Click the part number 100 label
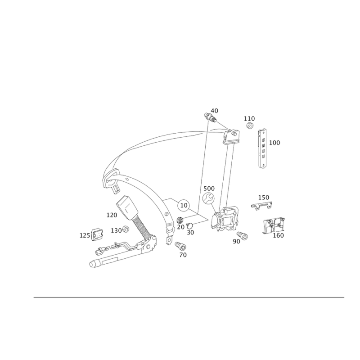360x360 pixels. click(x=274, y=143)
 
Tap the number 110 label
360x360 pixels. click(x=249, y=118)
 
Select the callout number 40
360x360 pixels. click(x=214, y=110)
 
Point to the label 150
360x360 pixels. click(x=263, y=197)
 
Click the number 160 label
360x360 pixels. click(x=279, y=235)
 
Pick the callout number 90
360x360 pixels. click(x=236, y=241)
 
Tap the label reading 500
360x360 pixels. click(x=210, y=188)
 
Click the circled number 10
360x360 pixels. click(x=183, y=205)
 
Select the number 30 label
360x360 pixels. click(x=190, y=232)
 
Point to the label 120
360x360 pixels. click(x=112, y=216)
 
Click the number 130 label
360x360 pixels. click(x=116, y=230)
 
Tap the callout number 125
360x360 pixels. click(x=85, y=235)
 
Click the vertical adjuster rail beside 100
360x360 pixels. click(x=262, y=149)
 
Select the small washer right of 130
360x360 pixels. click(x=126, y=229)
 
